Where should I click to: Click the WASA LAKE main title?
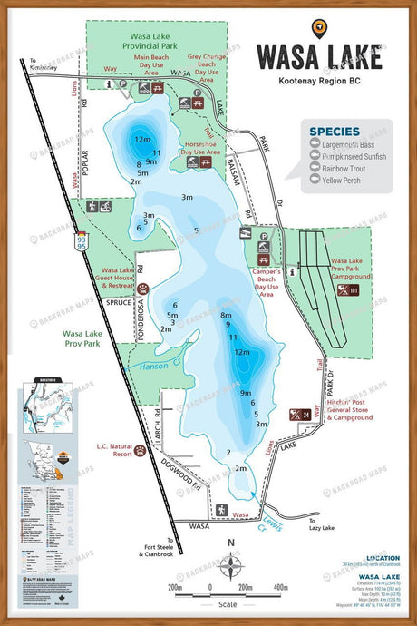(318, 56)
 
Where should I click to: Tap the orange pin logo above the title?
(318, 28)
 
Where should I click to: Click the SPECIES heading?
(335, 132)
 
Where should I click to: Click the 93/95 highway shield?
(82, 239)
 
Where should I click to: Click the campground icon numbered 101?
(347, 290)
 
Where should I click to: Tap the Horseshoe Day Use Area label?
(201, 147)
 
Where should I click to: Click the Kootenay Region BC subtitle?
(318, 81)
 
